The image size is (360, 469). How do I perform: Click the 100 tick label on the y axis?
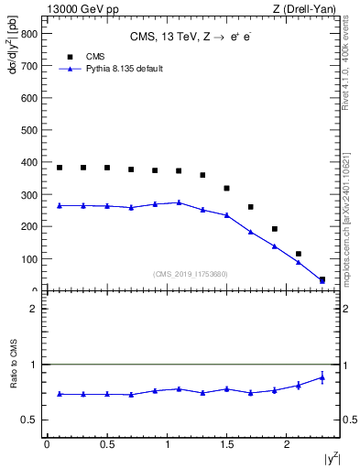coord(29,258)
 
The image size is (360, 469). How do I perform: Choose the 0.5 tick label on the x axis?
coord(106,444)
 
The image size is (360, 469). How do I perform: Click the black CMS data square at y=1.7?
coord(251,207)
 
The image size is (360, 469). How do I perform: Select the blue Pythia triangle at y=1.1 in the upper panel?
coord(179,202)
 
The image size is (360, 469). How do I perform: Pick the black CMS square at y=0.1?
coord(60,168)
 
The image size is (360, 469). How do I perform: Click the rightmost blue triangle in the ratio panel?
coord(322,376)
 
